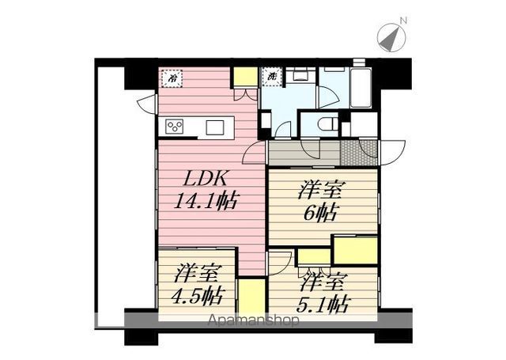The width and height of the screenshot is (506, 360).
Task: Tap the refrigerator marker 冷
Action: tap(172, 78)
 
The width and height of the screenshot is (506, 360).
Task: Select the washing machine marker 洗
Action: tap(271, 77)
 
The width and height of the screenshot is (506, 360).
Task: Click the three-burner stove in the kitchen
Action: tap(175, 127)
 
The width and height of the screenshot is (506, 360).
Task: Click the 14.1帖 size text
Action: tap(207, 199)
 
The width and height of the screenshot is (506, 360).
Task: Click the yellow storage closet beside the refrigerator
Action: tap(244, 78)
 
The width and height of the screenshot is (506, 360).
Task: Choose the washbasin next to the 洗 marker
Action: tap(300, 78)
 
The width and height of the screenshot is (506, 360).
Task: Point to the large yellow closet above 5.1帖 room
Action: tap(354, 250)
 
